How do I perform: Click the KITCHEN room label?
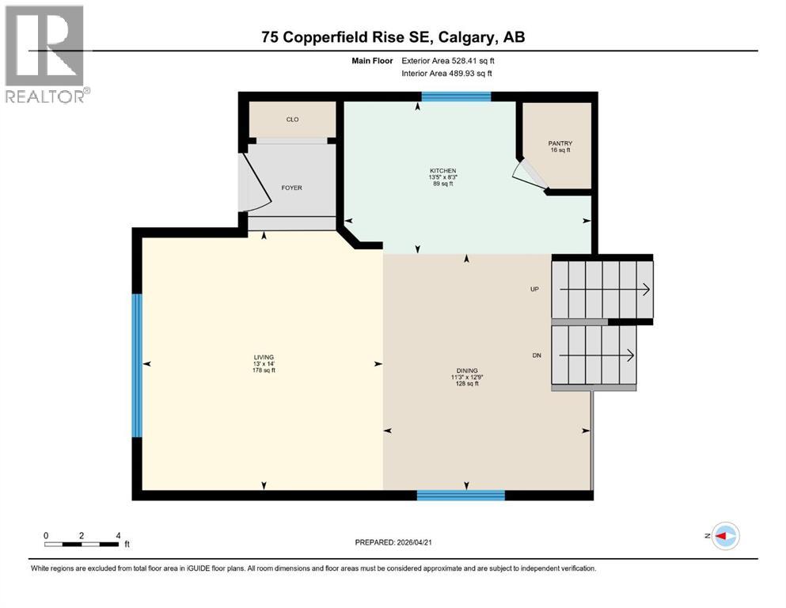442,171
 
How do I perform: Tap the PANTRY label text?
560,144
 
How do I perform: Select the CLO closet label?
291,120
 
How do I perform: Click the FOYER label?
291,188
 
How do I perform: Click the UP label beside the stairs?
534,290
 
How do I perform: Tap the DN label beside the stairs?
536,355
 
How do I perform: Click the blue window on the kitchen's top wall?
456,97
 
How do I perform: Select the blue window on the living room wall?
137,365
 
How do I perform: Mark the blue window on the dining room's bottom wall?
461,496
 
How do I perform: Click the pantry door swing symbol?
529,176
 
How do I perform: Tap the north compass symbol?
725,536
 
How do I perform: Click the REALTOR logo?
45,55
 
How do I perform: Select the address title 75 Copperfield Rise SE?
393,37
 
